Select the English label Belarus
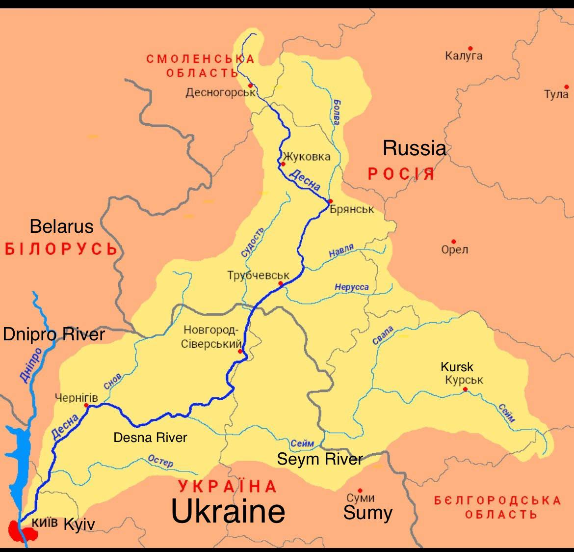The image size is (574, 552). click(x=61, y=226)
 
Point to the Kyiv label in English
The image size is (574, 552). click(x=79, y=524)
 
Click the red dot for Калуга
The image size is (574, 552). click(x=470, y=48)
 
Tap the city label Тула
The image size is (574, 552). click(x=555, y=94)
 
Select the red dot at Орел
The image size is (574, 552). click(x=454, y=242)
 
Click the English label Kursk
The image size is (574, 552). click(x=457, y=367)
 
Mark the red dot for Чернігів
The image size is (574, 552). click(x=86, y=406)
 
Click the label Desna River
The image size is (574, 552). click(x=150, y=437)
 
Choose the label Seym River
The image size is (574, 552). click(x=320, y=459)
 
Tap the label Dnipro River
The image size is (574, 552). click(x=54, y=334)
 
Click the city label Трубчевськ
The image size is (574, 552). click(x=258, y=276)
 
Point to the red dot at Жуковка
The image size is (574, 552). click(x=283, y=164)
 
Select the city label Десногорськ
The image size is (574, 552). click(x=220, y=93)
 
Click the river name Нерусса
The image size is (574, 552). click(x=352, y=287)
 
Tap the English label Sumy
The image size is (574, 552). click(x=368, y=513)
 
